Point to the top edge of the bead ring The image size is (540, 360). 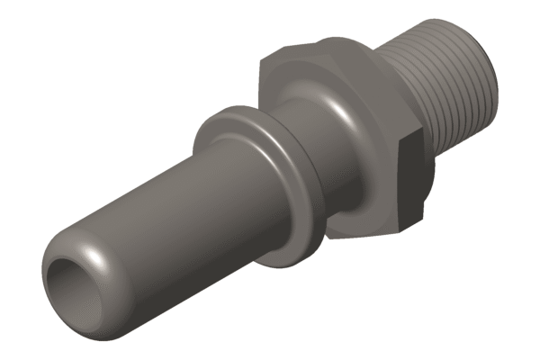point(236,108)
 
